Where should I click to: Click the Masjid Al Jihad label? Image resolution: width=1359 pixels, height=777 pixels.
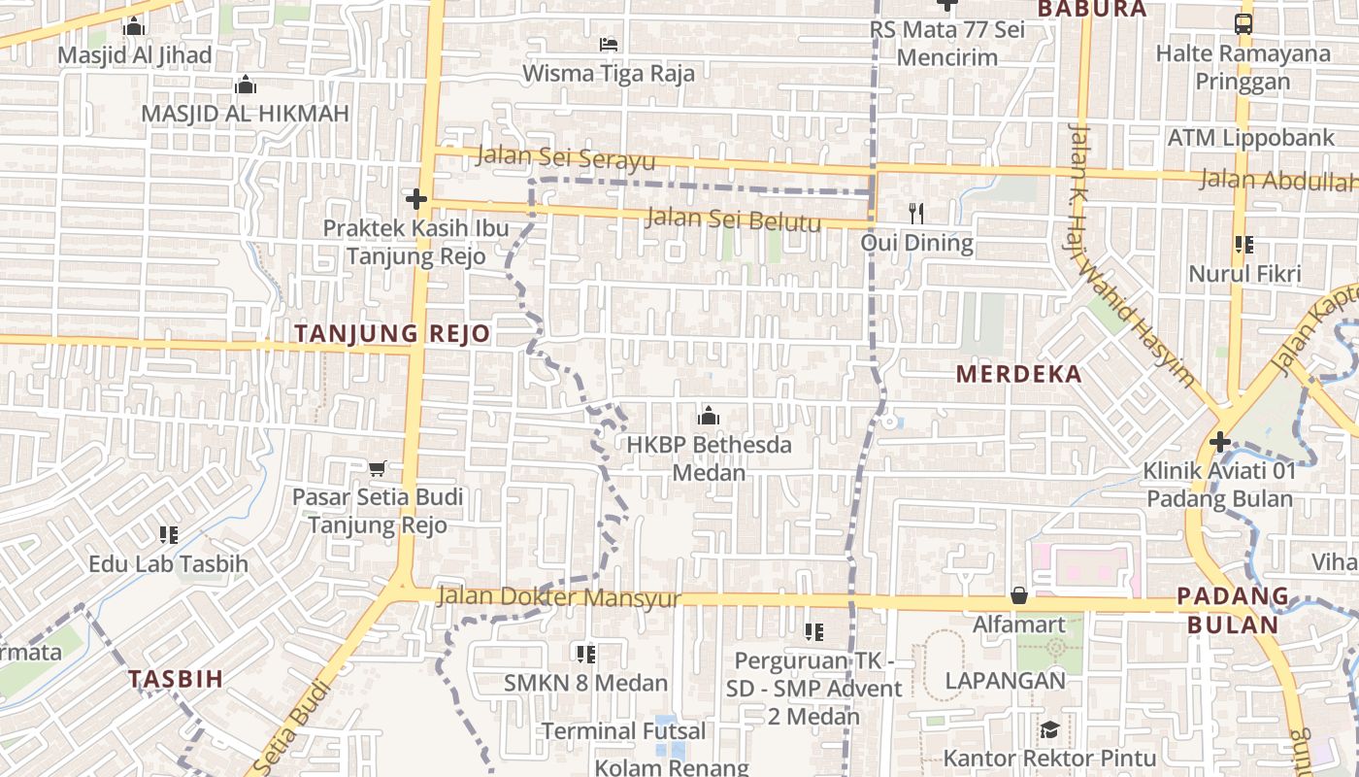(134, 54)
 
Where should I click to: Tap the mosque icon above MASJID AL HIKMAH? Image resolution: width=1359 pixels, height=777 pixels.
(246, 85)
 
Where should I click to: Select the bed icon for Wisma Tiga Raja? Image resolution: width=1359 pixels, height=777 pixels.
(609, 45)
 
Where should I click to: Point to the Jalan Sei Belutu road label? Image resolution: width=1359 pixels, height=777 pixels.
(733, 220)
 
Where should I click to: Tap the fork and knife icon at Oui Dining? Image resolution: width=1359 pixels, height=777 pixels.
(916, 213)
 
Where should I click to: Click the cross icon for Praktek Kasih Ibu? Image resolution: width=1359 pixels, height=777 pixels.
(416, 200)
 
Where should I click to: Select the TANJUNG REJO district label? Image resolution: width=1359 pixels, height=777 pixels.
(392, 334)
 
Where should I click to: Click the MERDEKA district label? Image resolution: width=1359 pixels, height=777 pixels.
(1018, 374)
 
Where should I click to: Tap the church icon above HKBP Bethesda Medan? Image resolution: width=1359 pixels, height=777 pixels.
(709, 417)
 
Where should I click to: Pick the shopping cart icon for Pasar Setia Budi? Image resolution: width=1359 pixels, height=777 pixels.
(378, 468)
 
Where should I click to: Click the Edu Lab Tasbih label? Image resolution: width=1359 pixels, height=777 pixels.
(168, 563)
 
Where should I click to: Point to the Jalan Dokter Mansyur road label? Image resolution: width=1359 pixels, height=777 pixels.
(559, 597)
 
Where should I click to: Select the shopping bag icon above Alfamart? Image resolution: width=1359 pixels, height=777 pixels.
(1019, 594)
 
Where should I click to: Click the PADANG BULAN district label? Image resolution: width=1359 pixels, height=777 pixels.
(1233, 610)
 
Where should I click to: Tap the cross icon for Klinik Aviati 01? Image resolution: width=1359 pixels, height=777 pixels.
(1220, 443)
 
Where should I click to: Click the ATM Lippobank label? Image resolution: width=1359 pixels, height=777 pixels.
(1251, 138)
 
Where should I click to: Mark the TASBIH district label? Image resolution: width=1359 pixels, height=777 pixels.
(176, 679)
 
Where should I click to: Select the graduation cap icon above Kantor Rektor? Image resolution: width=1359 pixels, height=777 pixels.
(1049, 729)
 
